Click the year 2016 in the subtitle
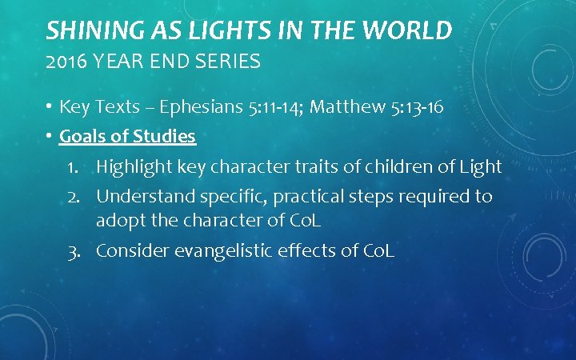click(x=64, y=62)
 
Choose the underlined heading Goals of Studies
click(x=128, y=136)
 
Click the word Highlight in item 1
click(x=130, y=166)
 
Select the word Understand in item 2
click(x=142, y=196)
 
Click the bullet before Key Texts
click(x=50, y=107)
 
